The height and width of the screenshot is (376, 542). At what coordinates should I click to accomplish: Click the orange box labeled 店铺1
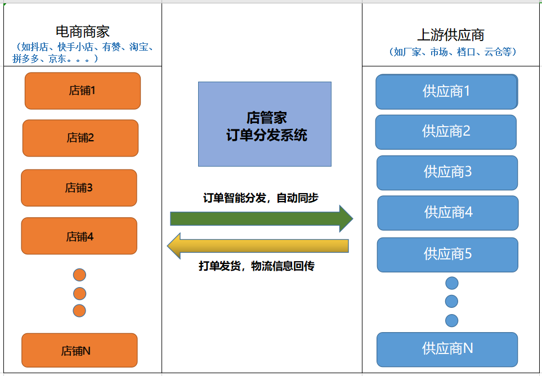[x=82, y=91]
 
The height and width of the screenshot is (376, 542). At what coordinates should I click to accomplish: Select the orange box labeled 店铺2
[x=80, y=138]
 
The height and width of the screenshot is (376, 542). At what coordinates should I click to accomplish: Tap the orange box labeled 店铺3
[x=79, y=188]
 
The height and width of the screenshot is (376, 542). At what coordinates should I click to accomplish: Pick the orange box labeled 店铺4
[x=79, y=236]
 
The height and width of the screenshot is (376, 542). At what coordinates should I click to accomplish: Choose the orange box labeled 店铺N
[x=79, y=350]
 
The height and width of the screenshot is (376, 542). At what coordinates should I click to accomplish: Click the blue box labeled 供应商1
[x=446, y=92]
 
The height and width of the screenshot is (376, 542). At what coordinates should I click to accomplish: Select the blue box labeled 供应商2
[x=446, y=132]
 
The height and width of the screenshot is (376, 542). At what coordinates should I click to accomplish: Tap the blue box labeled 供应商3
[x=447, y=172]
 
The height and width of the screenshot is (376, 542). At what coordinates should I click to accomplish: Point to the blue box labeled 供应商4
[x=447, y=213]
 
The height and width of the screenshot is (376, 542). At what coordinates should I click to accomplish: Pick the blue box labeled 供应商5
[x=447, y=254]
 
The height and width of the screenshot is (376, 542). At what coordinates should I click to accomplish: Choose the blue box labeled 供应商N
[x=447, y=349]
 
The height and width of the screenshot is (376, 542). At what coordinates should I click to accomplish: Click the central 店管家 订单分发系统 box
[x=265, y=124]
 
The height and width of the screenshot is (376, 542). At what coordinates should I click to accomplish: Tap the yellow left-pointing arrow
[x=258, y=246]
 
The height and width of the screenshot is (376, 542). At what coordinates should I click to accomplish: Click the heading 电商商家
[x=83, y=32]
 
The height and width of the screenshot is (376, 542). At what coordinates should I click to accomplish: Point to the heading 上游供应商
[x=450, y=34]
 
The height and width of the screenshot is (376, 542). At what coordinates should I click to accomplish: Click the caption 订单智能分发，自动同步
[x=261, y=198]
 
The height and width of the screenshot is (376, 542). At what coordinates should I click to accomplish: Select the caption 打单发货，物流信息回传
[x=257, y=266]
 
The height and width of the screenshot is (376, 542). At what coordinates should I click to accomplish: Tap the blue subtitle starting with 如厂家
[x=453, y=52]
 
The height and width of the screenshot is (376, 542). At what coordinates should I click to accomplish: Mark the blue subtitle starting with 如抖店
[x=83, y=52]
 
